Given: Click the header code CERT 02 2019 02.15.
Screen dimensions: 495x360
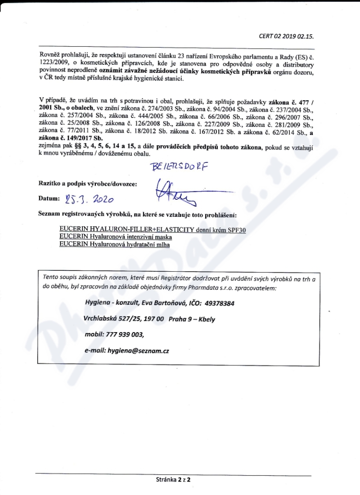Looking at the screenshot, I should pos(286,36).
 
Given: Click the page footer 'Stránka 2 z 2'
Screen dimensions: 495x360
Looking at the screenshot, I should pos(173,480).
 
